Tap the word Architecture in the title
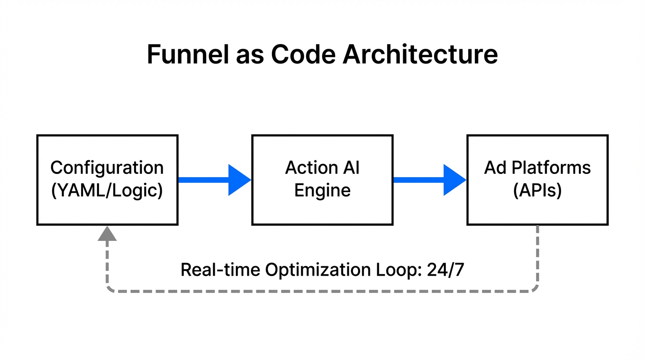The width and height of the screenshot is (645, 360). point(420,54)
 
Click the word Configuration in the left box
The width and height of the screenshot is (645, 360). point(107,168)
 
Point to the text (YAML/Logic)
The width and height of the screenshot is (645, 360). point(107,191)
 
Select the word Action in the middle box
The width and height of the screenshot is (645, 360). point(309,168)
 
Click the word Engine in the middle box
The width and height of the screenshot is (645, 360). point(322,191)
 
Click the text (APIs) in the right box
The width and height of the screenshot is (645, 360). point(537,191)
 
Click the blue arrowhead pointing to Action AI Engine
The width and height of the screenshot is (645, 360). point(239,180)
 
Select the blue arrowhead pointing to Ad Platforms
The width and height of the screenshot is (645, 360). point(454,180)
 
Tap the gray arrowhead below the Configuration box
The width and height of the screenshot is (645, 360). point(107,233)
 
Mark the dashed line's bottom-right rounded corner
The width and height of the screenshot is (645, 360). point(535,289)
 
